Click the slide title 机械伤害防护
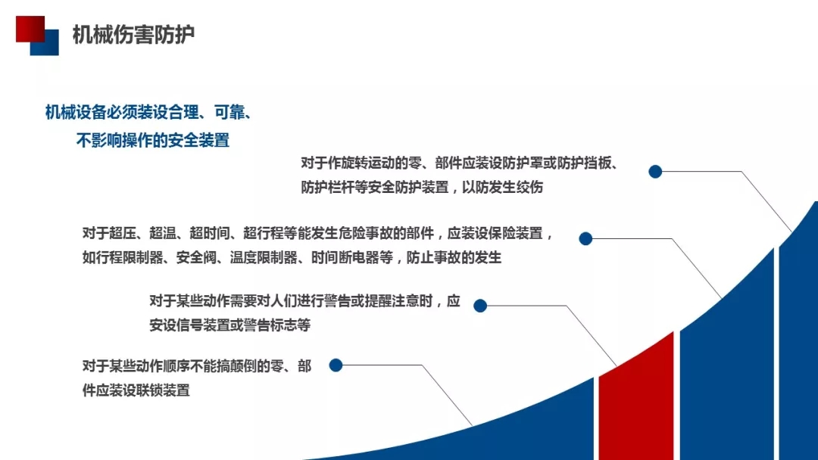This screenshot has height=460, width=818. click(x=133, y=35)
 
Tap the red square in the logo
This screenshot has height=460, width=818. click(x=30, y=29)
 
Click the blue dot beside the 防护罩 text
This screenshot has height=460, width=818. click(x=655, y=172)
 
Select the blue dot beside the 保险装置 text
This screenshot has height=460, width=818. click(x=585, y=238)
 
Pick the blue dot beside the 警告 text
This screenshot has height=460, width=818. click(x=480, y=306)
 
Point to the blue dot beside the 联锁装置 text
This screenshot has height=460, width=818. click(x=336, y=365)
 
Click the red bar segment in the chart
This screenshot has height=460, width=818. click(x=636, y=396)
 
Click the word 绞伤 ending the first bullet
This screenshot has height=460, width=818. click(x=530, y=187)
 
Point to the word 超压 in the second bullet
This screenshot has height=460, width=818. click(x=123, y=233)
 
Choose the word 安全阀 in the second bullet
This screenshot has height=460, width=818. click(x=196, y=257)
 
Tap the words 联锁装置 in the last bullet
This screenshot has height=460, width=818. click(x=163, y=390)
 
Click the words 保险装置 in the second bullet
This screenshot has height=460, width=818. click(x=516, y=233)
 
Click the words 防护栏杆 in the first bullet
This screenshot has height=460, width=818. click(x=328, y=187)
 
